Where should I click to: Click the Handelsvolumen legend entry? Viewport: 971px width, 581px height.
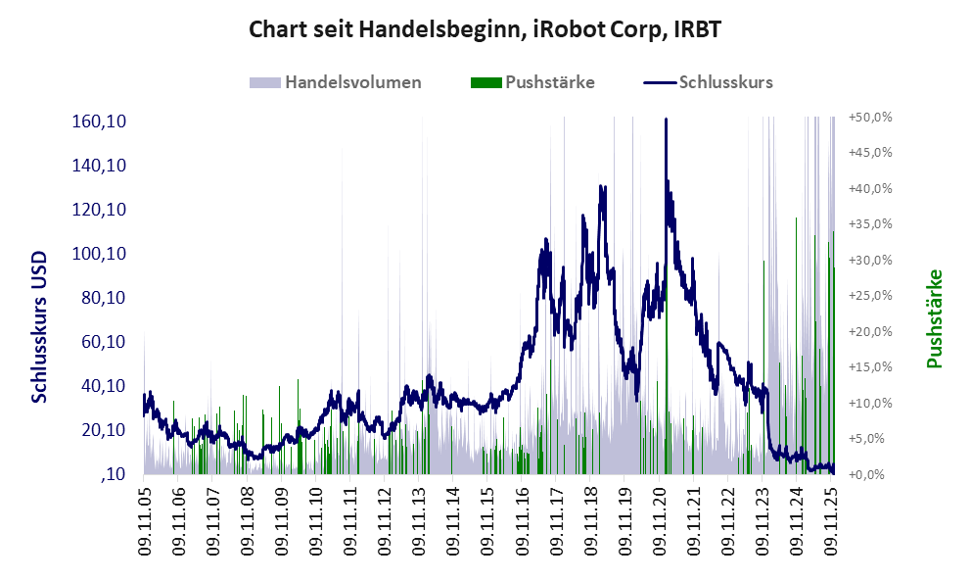click(x=353, y=82)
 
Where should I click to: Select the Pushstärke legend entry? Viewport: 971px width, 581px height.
click(x=549, y=82)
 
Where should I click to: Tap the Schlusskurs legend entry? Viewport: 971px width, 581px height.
click(x=725, y=82)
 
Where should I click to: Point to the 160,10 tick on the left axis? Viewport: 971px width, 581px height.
click(x=102, y=121)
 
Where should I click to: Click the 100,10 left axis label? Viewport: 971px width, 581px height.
click(x=102, y=254)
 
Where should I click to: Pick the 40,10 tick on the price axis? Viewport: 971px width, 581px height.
click(x=102, y=386)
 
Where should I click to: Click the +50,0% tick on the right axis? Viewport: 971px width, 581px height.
click(x=869, y=117)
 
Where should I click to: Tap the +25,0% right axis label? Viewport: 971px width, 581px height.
click(x=869, y=296)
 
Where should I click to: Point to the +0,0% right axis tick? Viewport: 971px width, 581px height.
click(x=871, y=474)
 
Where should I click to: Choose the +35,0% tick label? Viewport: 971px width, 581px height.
click(x=869, y=224)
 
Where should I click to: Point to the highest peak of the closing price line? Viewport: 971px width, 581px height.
click(x=666, y=120)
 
